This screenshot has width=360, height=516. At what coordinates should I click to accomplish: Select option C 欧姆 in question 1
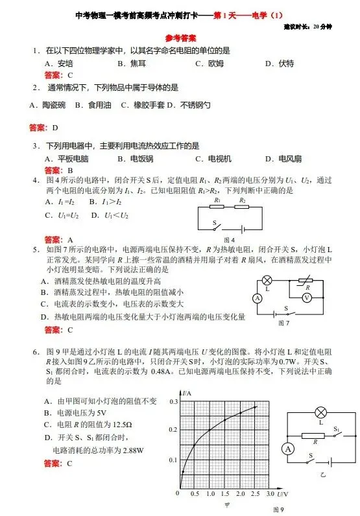[x=210, y=63]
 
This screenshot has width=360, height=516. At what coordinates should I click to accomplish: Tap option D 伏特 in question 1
[x=280, y=63]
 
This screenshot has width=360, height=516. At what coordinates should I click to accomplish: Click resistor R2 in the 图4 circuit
[x=242, y=208]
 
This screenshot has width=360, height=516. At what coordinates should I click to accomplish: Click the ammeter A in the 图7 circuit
[x=257, y=298]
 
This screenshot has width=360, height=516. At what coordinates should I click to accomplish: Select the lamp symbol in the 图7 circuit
[x=267, y=281]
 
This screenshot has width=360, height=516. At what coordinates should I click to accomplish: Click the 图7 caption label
[x=283, y=322]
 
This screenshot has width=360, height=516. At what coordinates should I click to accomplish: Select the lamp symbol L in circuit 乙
[x=320, y=413]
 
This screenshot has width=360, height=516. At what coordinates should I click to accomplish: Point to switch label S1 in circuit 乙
[x=337, y=429]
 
